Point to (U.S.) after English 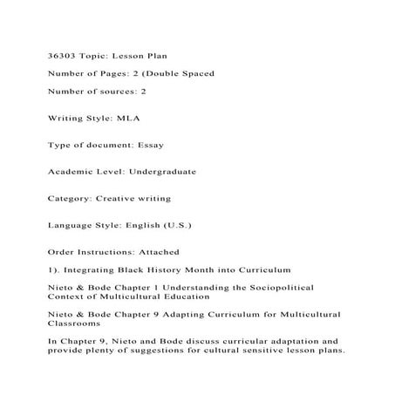[175, 225]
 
